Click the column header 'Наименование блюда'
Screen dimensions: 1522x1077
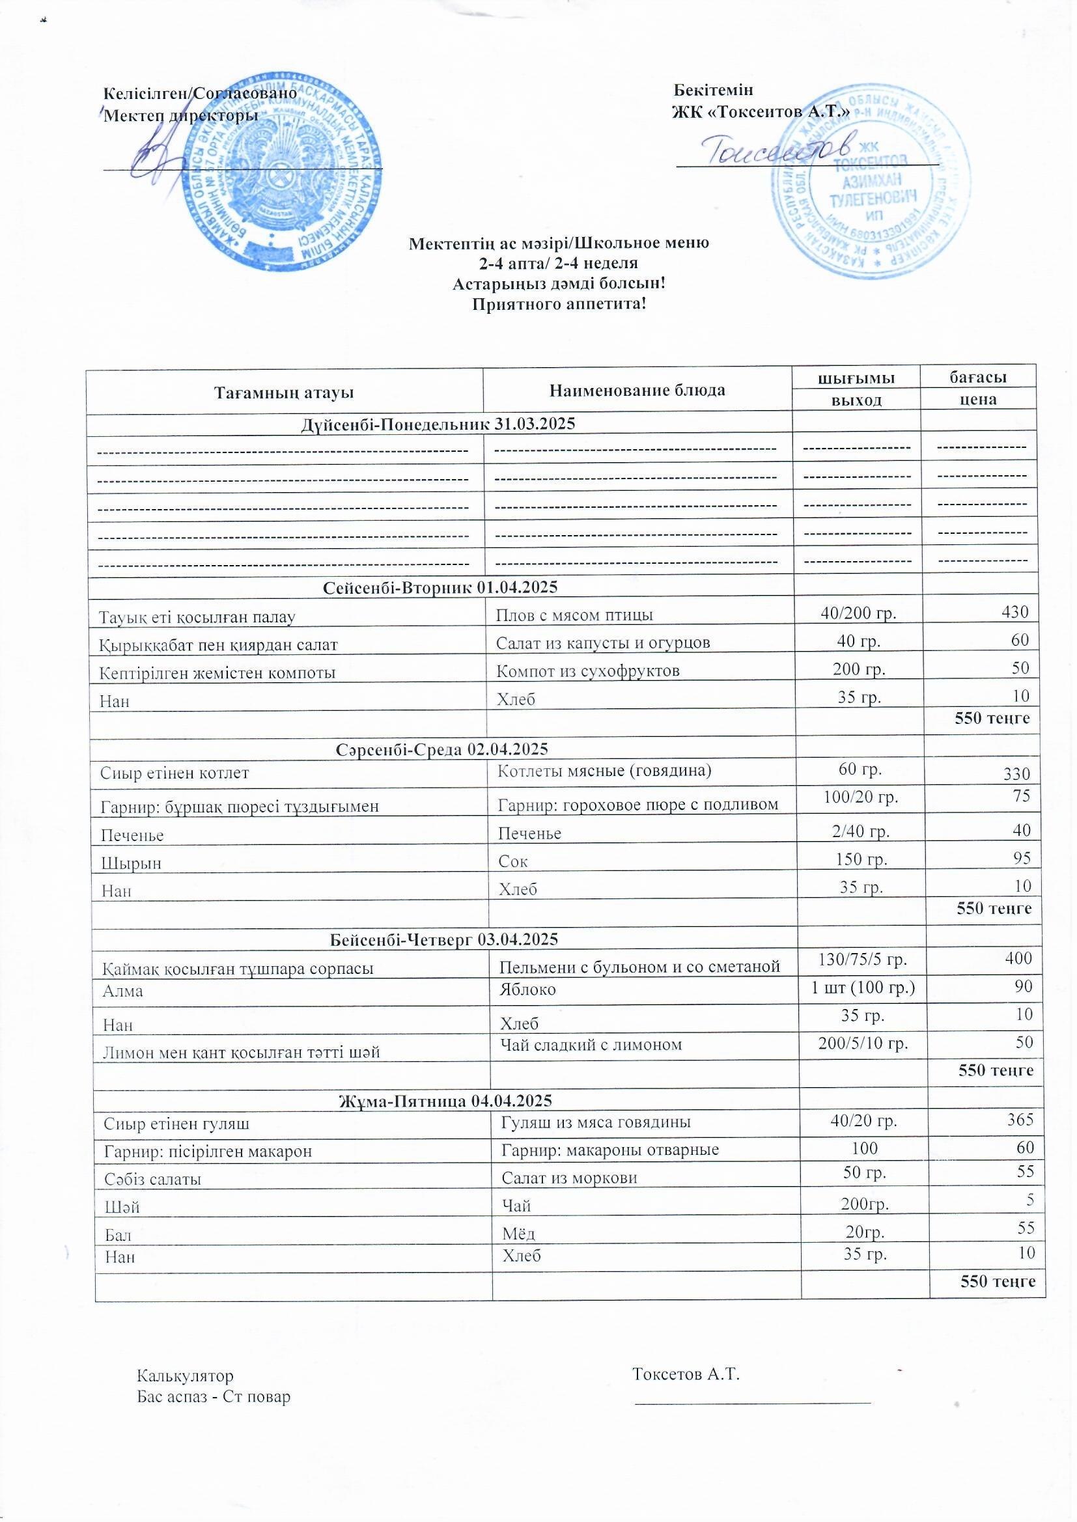[637, 390]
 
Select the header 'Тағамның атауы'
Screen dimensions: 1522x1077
[284, 393]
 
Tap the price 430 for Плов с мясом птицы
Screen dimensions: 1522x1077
[1015, 611]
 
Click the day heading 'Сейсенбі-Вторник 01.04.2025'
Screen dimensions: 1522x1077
[440, 587]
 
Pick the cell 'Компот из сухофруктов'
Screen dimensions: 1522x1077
[588, 670]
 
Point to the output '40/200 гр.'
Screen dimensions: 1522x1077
[858, 613]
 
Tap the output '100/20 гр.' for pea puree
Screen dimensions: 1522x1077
[860, 796]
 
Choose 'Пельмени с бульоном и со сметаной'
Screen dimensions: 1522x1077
[639, 967]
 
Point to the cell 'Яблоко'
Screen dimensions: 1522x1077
[528, 989]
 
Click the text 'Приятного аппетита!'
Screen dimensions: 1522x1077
[559, 304]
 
